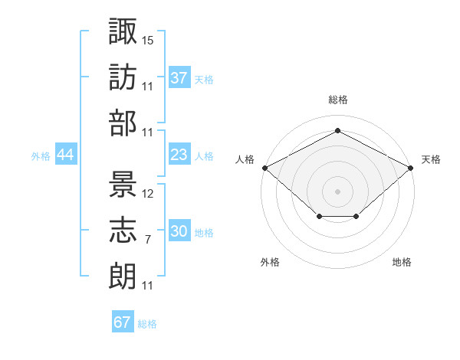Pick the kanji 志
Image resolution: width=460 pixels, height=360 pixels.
point(123,228)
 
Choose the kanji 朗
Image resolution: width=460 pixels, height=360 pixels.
point(123,274)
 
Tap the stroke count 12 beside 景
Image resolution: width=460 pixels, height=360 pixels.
point(148,193)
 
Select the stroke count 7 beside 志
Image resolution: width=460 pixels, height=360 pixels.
point(148,240)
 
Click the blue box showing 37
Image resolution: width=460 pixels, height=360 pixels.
point(179,77)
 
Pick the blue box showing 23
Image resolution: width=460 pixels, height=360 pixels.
point(179,155)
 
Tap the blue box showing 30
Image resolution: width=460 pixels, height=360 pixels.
point(179,231)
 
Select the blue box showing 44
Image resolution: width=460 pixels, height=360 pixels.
point(65,155)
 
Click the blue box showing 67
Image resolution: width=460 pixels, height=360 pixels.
point(123,322)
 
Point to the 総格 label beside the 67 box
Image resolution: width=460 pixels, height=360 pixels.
point(147,324)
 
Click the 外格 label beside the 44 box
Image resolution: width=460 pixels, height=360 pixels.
point(41,156)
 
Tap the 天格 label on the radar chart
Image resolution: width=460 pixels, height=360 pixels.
point(431,159)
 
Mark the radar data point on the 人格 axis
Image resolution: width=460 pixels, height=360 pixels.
point(264,167)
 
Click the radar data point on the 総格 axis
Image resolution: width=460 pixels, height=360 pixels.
point(337,131)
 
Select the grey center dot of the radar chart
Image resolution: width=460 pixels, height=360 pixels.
point(337,191)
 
